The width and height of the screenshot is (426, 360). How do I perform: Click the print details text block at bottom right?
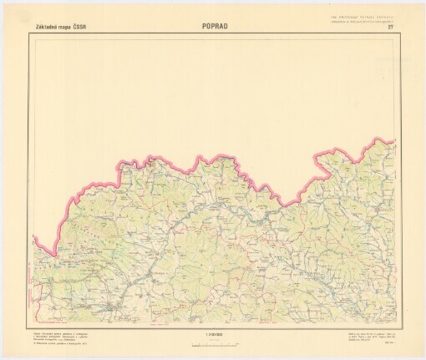[368, 337]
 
